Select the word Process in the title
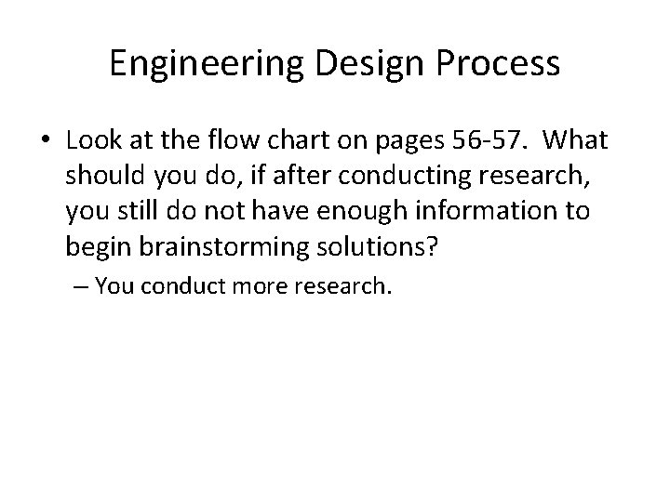click(x=500, y=64)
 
